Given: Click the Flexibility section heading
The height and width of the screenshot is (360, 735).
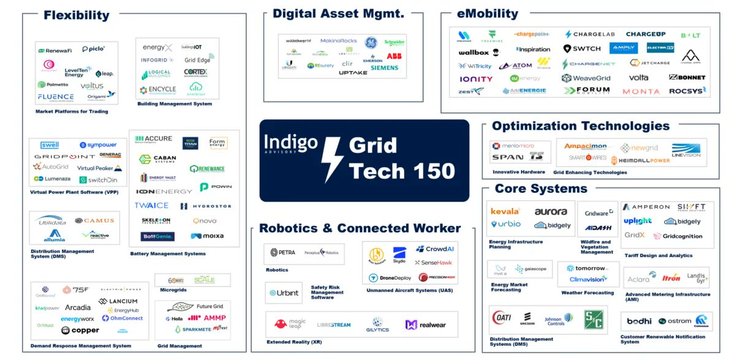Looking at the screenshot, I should point(76,15).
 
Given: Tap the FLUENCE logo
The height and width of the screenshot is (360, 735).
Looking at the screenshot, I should point(56,97).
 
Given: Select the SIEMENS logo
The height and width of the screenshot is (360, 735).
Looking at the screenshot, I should point(384,67).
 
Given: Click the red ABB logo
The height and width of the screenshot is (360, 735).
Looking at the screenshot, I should point(394,56).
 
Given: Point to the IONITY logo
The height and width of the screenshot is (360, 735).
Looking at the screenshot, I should point(476,79).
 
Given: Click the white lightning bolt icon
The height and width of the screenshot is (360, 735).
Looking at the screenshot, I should point(333,159).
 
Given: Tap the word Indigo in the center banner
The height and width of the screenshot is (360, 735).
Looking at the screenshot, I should point(290,143).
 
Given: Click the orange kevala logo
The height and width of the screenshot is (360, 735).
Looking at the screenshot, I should point(505,211).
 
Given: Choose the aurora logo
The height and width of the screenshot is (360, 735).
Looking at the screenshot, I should point(551,211).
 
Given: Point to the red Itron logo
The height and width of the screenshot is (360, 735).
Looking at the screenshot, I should point(671,278).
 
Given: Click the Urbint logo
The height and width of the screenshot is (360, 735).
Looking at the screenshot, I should point(284,293).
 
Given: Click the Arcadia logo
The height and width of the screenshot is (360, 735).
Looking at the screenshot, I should point(78,307).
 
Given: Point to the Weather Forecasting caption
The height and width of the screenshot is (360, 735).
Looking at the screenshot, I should point(587,293).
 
